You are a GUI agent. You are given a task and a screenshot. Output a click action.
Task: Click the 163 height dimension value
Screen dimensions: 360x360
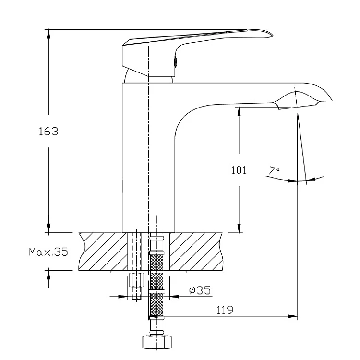pyautogui.click(x=48, y=132)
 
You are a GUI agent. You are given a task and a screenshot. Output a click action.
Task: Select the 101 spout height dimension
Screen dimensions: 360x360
pyautogui.click(x=239, y=170)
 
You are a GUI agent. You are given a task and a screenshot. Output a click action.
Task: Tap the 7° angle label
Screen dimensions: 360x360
pyautogui.click(x=274, y=170)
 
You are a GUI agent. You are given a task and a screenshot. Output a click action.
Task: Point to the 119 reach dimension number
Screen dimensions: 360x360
pyautogui.click(x=225, y=310)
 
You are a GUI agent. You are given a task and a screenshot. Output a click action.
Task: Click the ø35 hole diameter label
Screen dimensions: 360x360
pyautogui.click(x=200, y=290)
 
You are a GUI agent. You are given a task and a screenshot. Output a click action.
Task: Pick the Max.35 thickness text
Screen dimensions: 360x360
pyautogui.click(x=48, y=252)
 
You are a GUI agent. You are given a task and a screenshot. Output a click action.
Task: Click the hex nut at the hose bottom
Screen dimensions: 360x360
pyautogui.click(x=157, y=342)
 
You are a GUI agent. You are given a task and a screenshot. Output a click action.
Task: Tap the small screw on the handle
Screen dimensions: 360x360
pyautogui.click(x=175, y=62)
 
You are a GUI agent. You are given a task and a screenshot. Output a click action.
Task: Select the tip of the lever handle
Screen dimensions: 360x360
pyautogui.click(x=273, y=36)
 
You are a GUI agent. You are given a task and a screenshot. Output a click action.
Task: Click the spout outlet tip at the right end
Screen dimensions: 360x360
pyautogui.click(x=332, y=100)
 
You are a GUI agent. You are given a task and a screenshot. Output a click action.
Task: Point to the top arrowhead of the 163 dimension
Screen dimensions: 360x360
pyautogui.click(x=48, y=34)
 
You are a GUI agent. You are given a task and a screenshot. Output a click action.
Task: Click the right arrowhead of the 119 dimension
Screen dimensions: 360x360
pyautogui.click(x=293, y=316)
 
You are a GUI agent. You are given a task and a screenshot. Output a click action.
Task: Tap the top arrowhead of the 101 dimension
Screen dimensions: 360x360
pyautogui.click(x=239, y=111)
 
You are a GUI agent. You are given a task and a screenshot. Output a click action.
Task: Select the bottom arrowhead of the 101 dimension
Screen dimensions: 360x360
pyautogui.click(x=239, y=228)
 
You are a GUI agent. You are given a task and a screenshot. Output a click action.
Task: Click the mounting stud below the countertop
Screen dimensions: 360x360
pyautogui.click(x=136, y=286)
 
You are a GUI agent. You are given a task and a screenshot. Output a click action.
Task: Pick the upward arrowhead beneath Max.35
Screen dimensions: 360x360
pyautogui.click(x=48, y=275)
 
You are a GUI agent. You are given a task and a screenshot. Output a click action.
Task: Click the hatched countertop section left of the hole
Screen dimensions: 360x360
pyautogui.click(x=103, y=252)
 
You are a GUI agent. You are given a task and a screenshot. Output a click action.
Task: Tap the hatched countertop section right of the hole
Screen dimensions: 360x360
pyautogui.click(x=196, y=252)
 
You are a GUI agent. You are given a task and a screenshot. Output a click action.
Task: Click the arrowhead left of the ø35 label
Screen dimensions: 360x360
pyautogui.click(x=123, y=297)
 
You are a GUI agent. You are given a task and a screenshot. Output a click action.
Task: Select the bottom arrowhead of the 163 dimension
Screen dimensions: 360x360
pyautogui.click(x=48, y=228)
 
